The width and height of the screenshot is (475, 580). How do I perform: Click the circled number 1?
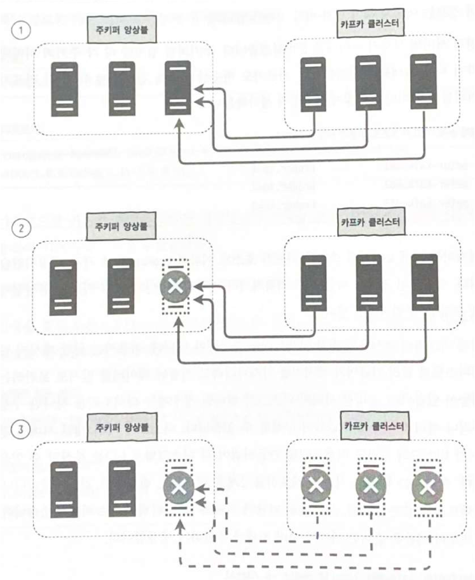point(20,30)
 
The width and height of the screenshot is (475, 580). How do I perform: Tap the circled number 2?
point(20,228)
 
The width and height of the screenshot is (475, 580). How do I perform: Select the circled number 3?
point(20,429)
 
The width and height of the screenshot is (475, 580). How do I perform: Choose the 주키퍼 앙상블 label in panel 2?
point(120,224)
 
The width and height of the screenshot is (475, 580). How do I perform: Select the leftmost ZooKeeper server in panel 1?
point(65,88)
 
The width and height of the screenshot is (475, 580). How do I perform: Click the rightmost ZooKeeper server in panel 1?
point(177,88)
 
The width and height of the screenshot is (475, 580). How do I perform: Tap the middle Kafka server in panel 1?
point(368,83)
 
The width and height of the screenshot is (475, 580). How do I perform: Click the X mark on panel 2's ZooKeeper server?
point(177,287)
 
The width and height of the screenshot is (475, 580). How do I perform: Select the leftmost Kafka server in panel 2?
point(313,282)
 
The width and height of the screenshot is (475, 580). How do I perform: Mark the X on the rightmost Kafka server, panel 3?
point(426,487)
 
